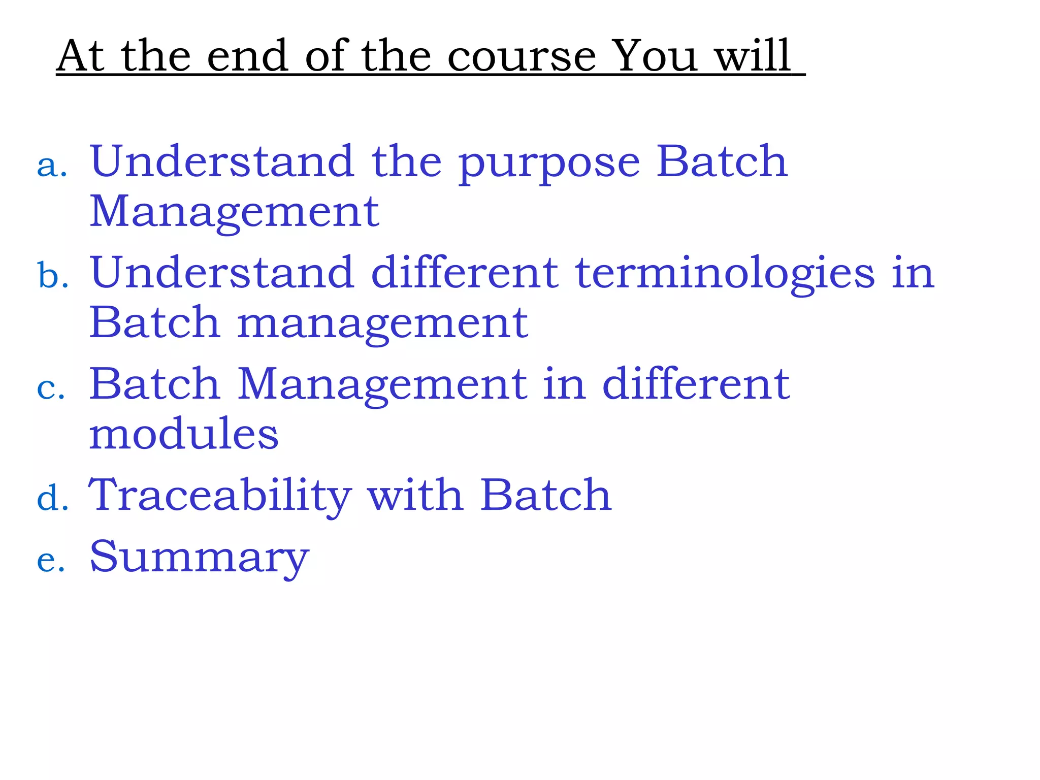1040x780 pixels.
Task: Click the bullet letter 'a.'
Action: [52, 166]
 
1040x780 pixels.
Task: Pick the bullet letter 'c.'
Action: [51, 388]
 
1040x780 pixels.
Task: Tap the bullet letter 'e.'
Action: [51, 560]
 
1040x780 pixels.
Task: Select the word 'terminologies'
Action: [725, 274]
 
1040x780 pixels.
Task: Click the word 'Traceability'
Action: [220, 496]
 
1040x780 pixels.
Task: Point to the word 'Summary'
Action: [199, 558]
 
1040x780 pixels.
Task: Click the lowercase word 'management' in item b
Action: [382, 325]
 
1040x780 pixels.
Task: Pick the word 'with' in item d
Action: [415, 495]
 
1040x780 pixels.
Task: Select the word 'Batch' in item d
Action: [546, 495]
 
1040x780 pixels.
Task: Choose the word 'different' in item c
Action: [696, 384]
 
